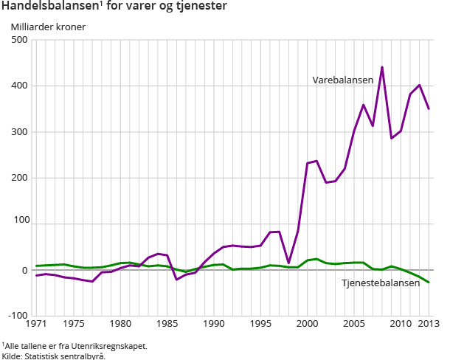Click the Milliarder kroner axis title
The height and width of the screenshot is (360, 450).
pyautogui.click(x=48, y=27)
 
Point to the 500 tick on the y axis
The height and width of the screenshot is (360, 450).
pyautogui.click(x=19, y=40)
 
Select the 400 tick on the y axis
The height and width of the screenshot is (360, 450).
pyautogui.click(x=19, y=86)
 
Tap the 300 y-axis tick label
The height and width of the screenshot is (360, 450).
pyautogui.click(x=19, y=132)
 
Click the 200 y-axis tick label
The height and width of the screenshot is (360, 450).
pyautogui.click(x=19, y=178)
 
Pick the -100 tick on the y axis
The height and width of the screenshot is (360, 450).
pyautogui.click(x=17, y=316)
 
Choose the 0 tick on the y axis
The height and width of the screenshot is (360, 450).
pyautogui.click(x=24, y=270)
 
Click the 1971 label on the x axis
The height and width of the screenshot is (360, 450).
pyautogui.click(x=36, y=324)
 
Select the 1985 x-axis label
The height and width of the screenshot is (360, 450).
pyautogui.click(x=167, y=324)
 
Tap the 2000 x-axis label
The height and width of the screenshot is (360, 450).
pyautogui.click(x=307, y=324)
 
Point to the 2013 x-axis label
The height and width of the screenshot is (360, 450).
pyautogui.click(x=429, y=324)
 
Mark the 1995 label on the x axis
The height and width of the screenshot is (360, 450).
pyautogui.click(x=260, y=324)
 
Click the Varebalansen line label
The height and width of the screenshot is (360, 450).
pyautogui.click(x=342, y=79)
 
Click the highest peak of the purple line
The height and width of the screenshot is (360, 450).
pyautogui.click(x=382, y=67)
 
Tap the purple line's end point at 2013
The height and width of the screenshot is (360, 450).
pyautogui.click(x=429, y=109)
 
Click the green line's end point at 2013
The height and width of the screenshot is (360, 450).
pyautogui.click(x=429, y=283)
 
